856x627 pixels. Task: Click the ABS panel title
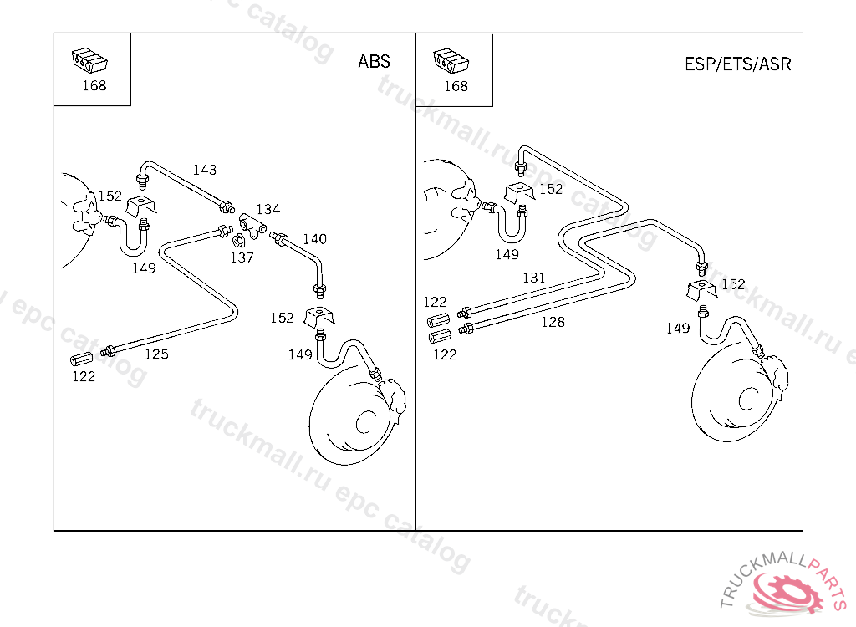click(x=374, y=62)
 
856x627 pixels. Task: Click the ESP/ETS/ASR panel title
click(x=737, y=64)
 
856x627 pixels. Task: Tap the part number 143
click(x=205, y=170)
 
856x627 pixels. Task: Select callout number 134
click(x=267, y=209)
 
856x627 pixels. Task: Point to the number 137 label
click(x=242, y=257)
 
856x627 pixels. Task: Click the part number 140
click(x=314, y=239)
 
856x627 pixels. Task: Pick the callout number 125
click(x=156, y=354)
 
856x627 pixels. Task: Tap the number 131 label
click(x=533, y=278)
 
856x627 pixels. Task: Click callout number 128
click(x=553, y=322)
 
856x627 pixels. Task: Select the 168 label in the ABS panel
click(x=94, y=86)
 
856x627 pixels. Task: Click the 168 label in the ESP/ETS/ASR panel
click(x=456, y=86)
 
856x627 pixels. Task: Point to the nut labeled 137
click(x=237, y=241)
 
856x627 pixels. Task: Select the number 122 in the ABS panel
click(x=83, y=376)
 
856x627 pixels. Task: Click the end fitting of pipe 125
click(x=107, y=351)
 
